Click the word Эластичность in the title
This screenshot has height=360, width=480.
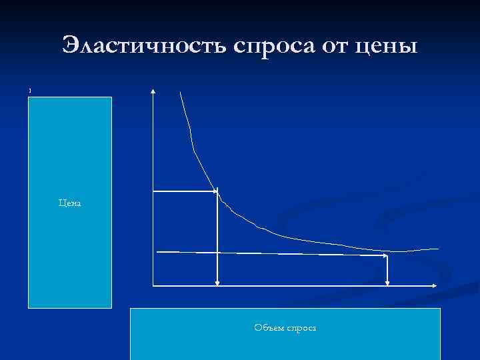[x=145, y=46]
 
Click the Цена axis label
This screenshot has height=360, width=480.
[x=69, y=203]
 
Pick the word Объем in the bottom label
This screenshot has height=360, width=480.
[x=269, y=327]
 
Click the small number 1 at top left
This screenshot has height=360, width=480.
[x=30, y=91]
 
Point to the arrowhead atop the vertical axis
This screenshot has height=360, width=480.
[x=153, y=91]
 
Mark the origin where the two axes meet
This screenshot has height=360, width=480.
[x=153, y=286]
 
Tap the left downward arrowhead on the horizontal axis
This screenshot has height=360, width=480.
[x=217, y=283]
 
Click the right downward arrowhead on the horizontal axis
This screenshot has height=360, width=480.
[x=388, y=283]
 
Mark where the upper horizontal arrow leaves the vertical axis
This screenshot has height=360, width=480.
[x=154, y=191]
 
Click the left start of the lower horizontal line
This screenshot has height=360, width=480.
[x=157, y=251]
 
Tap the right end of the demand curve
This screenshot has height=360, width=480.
[x=438, y=248]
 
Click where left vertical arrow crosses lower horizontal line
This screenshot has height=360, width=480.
[x=217, y=253]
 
